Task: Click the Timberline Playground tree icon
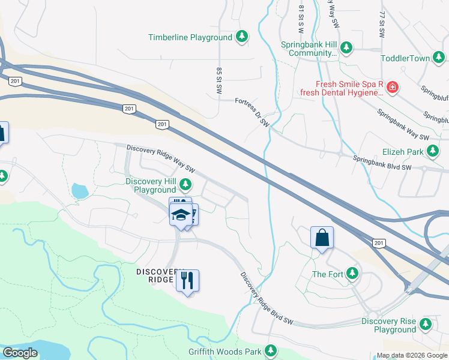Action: click(242, 37)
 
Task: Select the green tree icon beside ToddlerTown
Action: click(440, 58)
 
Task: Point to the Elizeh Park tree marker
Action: click(433, 152)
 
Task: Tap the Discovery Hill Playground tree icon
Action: click(187, 184)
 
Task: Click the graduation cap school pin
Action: click(180, 214)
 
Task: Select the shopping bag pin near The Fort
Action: click(322, 237)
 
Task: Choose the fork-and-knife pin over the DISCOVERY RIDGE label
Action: click(187, 280)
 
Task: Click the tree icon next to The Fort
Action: click(353, 274)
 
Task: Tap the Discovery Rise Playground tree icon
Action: click(426, 325)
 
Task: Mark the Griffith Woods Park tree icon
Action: click(271, 350)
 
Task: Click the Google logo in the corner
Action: click(20, 353)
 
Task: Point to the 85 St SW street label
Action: click(220, 79)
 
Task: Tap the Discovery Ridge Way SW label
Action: click(161, 157)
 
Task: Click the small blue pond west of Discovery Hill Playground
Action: click(79, 191)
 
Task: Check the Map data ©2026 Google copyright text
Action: click(412, 355)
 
